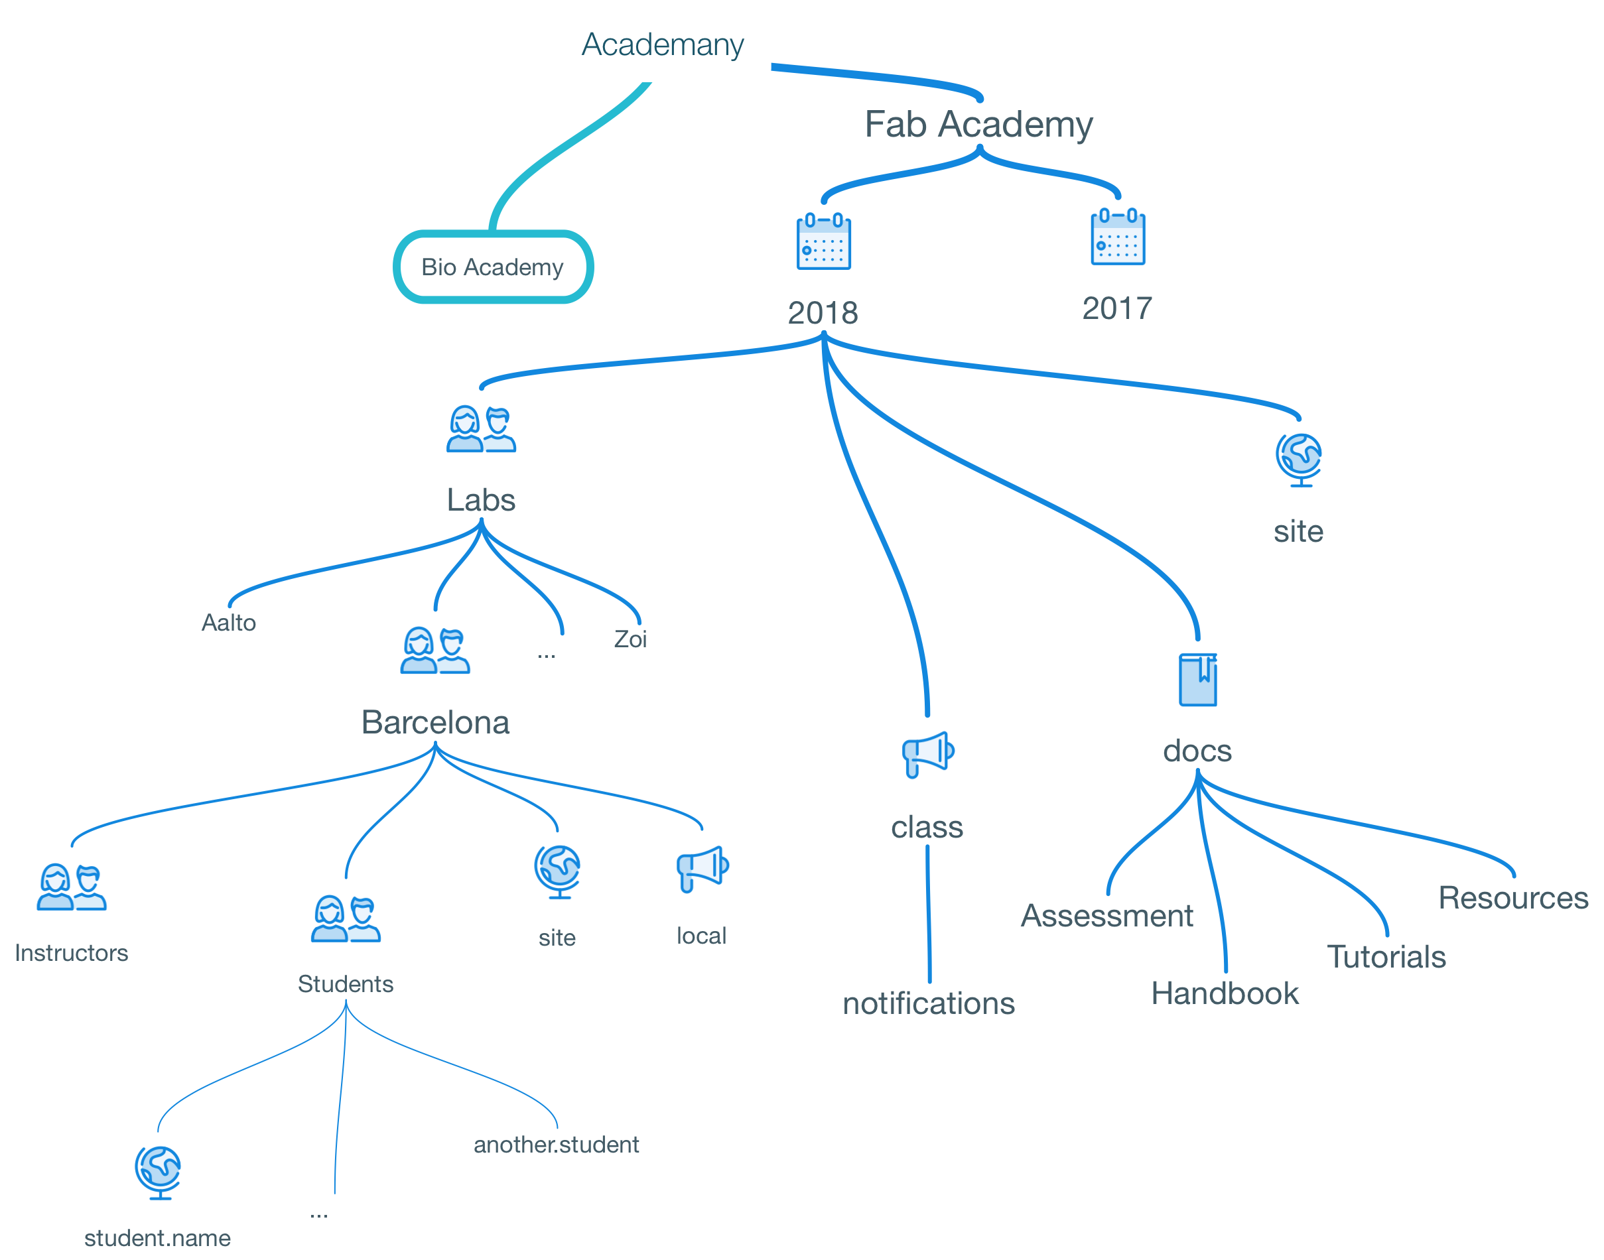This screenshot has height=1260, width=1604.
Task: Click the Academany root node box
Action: [663, 44]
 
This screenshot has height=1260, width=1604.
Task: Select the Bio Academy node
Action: [492, 267]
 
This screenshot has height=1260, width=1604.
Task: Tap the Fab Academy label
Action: [978, 124]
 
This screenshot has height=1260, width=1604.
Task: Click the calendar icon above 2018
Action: [823, 241]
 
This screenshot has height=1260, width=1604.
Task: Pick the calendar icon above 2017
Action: [1118, 237]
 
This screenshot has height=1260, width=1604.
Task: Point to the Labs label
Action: [481, 500]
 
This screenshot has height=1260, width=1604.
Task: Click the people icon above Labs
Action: [481, 429]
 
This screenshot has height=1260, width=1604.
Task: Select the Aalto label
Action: [229, 623]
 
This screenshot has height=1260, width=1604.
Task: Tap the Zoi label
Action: [630, 639]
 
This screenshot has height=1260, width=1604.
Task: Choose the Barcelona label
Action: [435, 722]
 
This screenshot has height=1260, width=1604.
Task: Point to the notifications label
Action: [929, 1004]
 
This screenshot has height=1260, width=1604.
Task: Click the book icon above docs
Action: [1197, 680]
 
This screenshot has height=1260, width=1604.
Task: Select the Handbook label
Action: [1225, 993]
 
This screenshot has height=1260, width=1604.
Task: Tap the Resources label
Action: [1512, 898]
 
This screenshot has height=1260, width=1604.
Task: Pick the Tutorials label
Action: [1386, 957]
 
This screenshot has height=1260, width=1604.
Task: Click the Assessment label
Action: [1106, 916]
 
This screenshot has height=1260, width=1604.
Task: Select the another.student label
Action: [557, 1144]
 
